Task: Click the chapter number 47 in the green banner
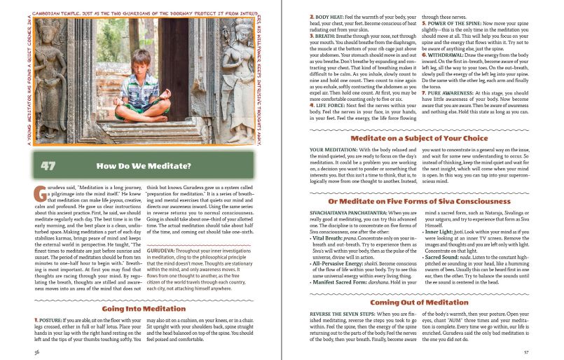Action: click(48, 166)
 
